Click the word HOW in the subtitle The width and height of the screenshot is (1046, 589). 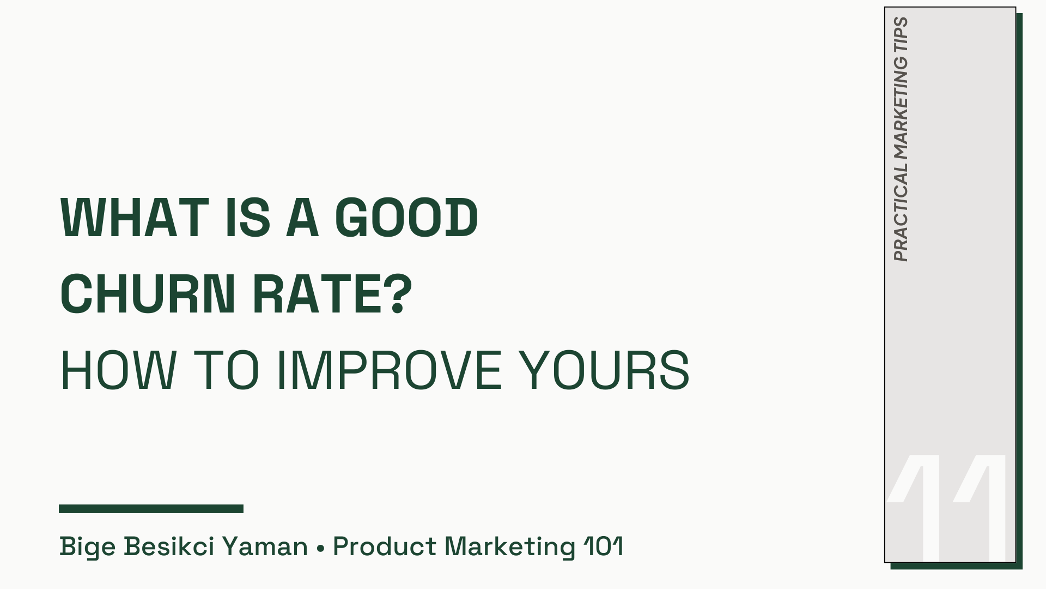pyautogui.click(x=118, y=370)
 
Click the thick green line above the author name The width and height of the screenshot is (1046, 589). pyautogui.click(x=151, y=509)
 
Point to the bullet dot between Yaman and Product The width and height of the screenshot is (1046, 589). pyautogui.click(x=320, y=548)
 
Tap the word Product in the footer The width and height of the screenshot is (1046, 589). pyautogui.click(x=385, y=547)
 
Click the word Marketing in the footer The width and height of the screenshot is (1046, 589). pyautogui.click(x=510, y=547)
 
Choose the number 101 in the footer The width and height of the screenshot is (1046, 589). pyautogui.click(x=603, y=547)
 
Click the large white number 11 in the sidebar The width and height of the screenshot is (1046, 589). pyautogui.click(x=948, y=507)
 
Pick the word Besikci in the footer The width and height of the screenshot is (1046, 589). pyautogui.click(x=169, y=547)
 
